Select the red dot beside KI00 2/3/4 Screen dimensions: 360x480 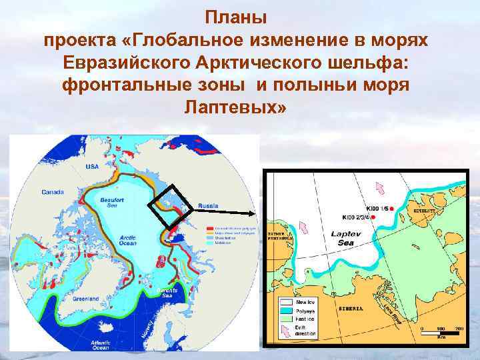[x=373, y=217]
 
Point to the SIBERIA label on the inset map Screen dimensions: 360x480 [x=351, y=309]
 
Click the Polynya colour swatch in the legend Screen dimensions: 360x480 [x=286, y=311]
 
